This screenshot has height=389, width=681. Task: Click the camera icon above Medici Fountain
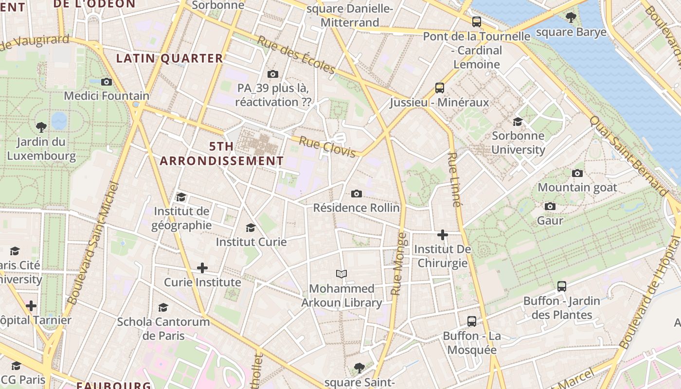click(x=107, y=82)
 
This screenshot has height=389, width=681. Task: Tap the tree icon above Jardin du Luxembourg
click(x=41, y=127)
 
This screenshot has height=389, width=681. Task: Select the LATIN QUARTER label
click(x=169, y=58)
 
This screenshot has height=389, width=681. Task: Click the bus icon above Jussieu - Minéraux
click(x=440, y=88)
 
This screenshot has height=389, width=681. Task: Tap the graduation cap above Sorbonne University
click(x=518, y=122)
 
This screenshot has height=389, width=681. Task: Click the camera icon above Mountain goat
click(x=577, y=173)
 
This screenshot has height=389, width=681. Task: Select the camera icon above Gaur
click(x=550, y=206)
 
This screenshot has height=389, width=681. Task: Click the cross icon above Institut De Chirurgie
click(x=442, y=235)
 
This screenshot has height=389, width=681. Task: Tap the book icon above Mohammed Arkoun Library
click(x=342, y=274)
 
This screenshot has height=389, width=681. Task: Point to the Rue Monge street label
click(x=398, y=264)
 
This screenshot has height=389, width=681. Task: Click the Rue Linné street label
click(x=453, y=179)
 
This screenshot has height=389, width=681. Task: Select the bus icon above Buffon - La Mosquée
click(x=472, y=321)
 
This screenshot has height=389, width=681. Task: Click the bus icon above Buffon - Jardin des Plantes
click(x=562, y=286)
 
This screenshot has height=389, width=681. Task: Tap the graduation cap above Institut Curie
click(x=251, y=228)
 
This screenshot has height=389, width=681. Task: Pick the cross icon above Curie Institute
click(x=202, y=268)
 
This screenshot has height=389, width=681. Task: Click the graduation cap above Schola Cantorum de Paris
click(x=163, y=307)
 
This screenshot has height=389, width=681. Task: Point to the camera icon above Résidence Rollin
click(x=357, y=194)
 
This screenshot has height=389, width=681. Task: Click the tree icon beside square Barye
click(x=571, y=18)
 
